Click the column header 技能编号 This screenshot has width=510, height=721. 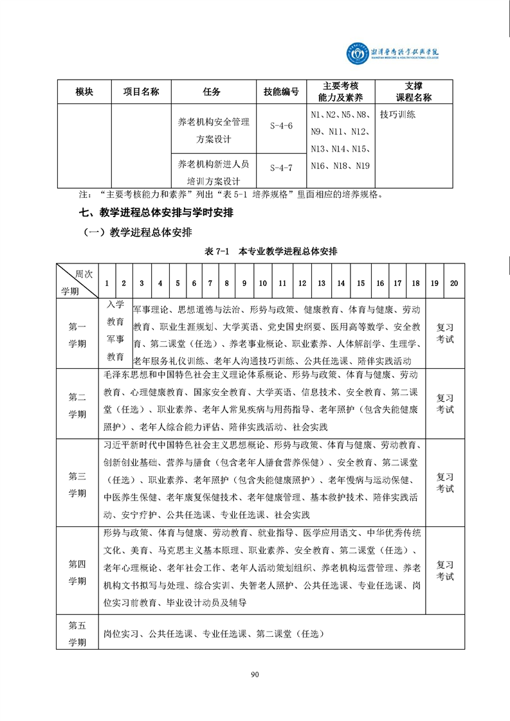coord(281,92)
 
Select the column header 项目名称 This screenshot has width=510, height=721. coord(141,92)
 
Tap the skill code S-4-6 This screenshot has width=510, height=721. coord(281,126)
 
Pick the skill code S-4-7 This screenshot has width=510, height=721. coord(281,168)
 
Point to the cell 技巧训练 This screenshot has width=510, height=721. coord(397,115)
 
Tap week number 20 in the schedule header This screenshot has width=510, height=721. coord(454,283)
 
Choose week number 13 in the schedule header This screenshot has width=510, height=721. coord(322,283)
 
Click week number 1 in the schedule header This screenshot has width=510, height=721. coord(106,283)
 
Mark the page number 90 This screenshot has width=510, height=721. coord(255,674)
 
